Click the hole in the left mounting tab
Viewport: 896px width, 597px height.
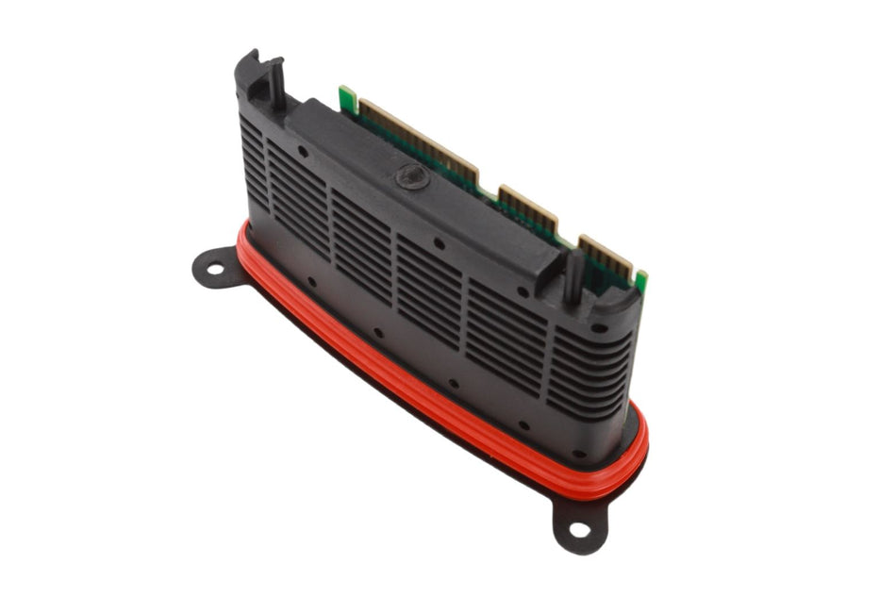coord(215,271)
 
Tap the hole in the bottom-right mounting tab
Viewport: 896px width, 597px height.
coord(579,528)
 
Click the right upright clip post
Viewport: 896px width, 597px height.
coord(572,274)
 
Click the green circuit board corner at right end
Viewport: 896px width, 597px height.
coord(641,281)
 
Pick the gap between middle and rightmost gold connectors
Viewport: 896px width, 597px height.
coord(568,232)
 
